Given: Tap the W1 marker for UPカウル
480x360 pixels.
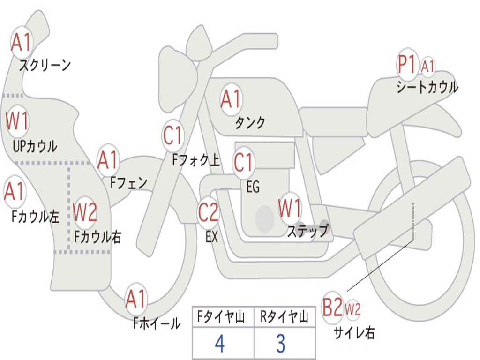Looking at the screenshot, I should tap(17, 121).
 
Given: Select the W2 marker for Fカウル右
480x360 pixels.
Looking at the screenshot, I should tap(85, 212).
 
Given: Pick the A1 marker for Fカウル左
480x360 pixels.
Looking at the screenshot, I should tap(15, 192).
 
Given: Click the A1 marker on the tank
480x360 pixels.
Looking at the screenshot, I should tap(231, 99).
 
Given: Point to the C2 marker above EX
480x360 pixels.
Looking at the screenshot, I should tap(208, 213).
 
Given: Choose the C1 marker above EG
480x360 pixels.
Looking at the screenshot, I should tap(244, 163).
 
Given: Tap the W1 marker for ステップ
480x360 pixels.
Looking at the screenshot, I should tap(290, 208).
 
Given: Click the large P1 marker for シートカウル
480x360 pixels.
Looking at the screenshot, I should tap(406, 65).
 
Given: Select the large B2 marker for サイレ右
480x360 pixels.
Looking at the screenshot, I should tap(333, 308).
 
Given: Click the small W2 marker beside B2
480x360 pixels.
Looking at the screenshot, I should tap(353, 309).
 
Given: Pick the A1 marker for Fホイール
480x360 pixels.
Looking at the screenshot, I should tap(136, 299).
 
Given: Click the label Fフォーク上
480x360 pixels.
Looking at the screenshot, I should tap(196, 161).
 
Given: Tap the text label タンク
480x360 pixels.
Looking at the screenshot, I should tap(250, 123).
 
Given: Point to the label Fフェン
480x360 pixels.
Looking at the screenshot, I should tap(129, 182).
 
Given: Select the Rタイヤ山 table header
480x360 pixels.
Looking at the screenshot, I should tap(285, 318).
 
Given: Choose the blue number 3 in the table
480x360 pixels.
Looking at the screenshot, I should tap(281, 344).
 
